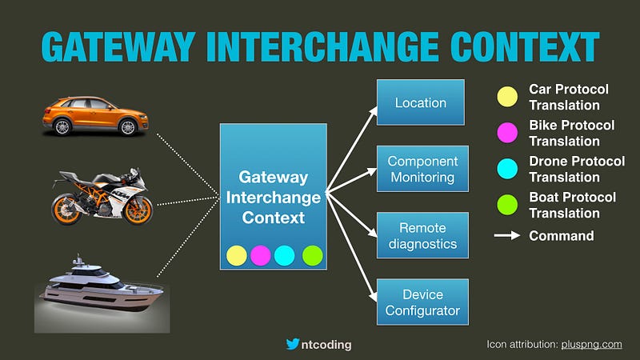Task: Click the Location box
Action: click(421, 102)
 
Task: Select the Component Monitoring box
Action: click(422, 169)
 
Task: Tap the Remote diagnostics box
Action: click(422, 235)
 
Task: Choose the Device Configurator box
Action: click(422, 302)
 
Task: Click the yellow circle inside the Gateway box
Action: click(237, 255)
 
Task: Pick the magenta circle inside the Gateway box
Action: click(261, 255)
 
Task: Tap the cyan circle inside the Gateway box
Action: click(285, 255)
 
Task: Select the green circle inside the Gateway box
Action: click(313, 255)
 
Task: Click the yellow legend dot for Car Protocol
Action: click(507, 97)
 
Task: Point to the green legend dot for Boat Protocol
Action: click(507, 205)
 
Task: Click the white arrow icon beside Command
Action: click(507, 235)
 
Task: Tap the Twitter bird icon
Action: click(293, 344)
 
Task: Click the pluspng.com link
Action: click(591, 345)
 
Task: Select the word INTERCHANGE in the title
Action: click(322, 46)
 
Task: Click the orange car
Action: click(95, 116)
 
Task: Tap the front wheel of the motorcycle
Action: click(138, 210)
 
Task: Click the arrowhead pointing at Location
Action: click(373, 110)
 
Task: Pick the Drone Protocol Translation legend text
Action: click(577, 169)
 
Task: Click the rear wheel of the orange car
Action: click(62, 127)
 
